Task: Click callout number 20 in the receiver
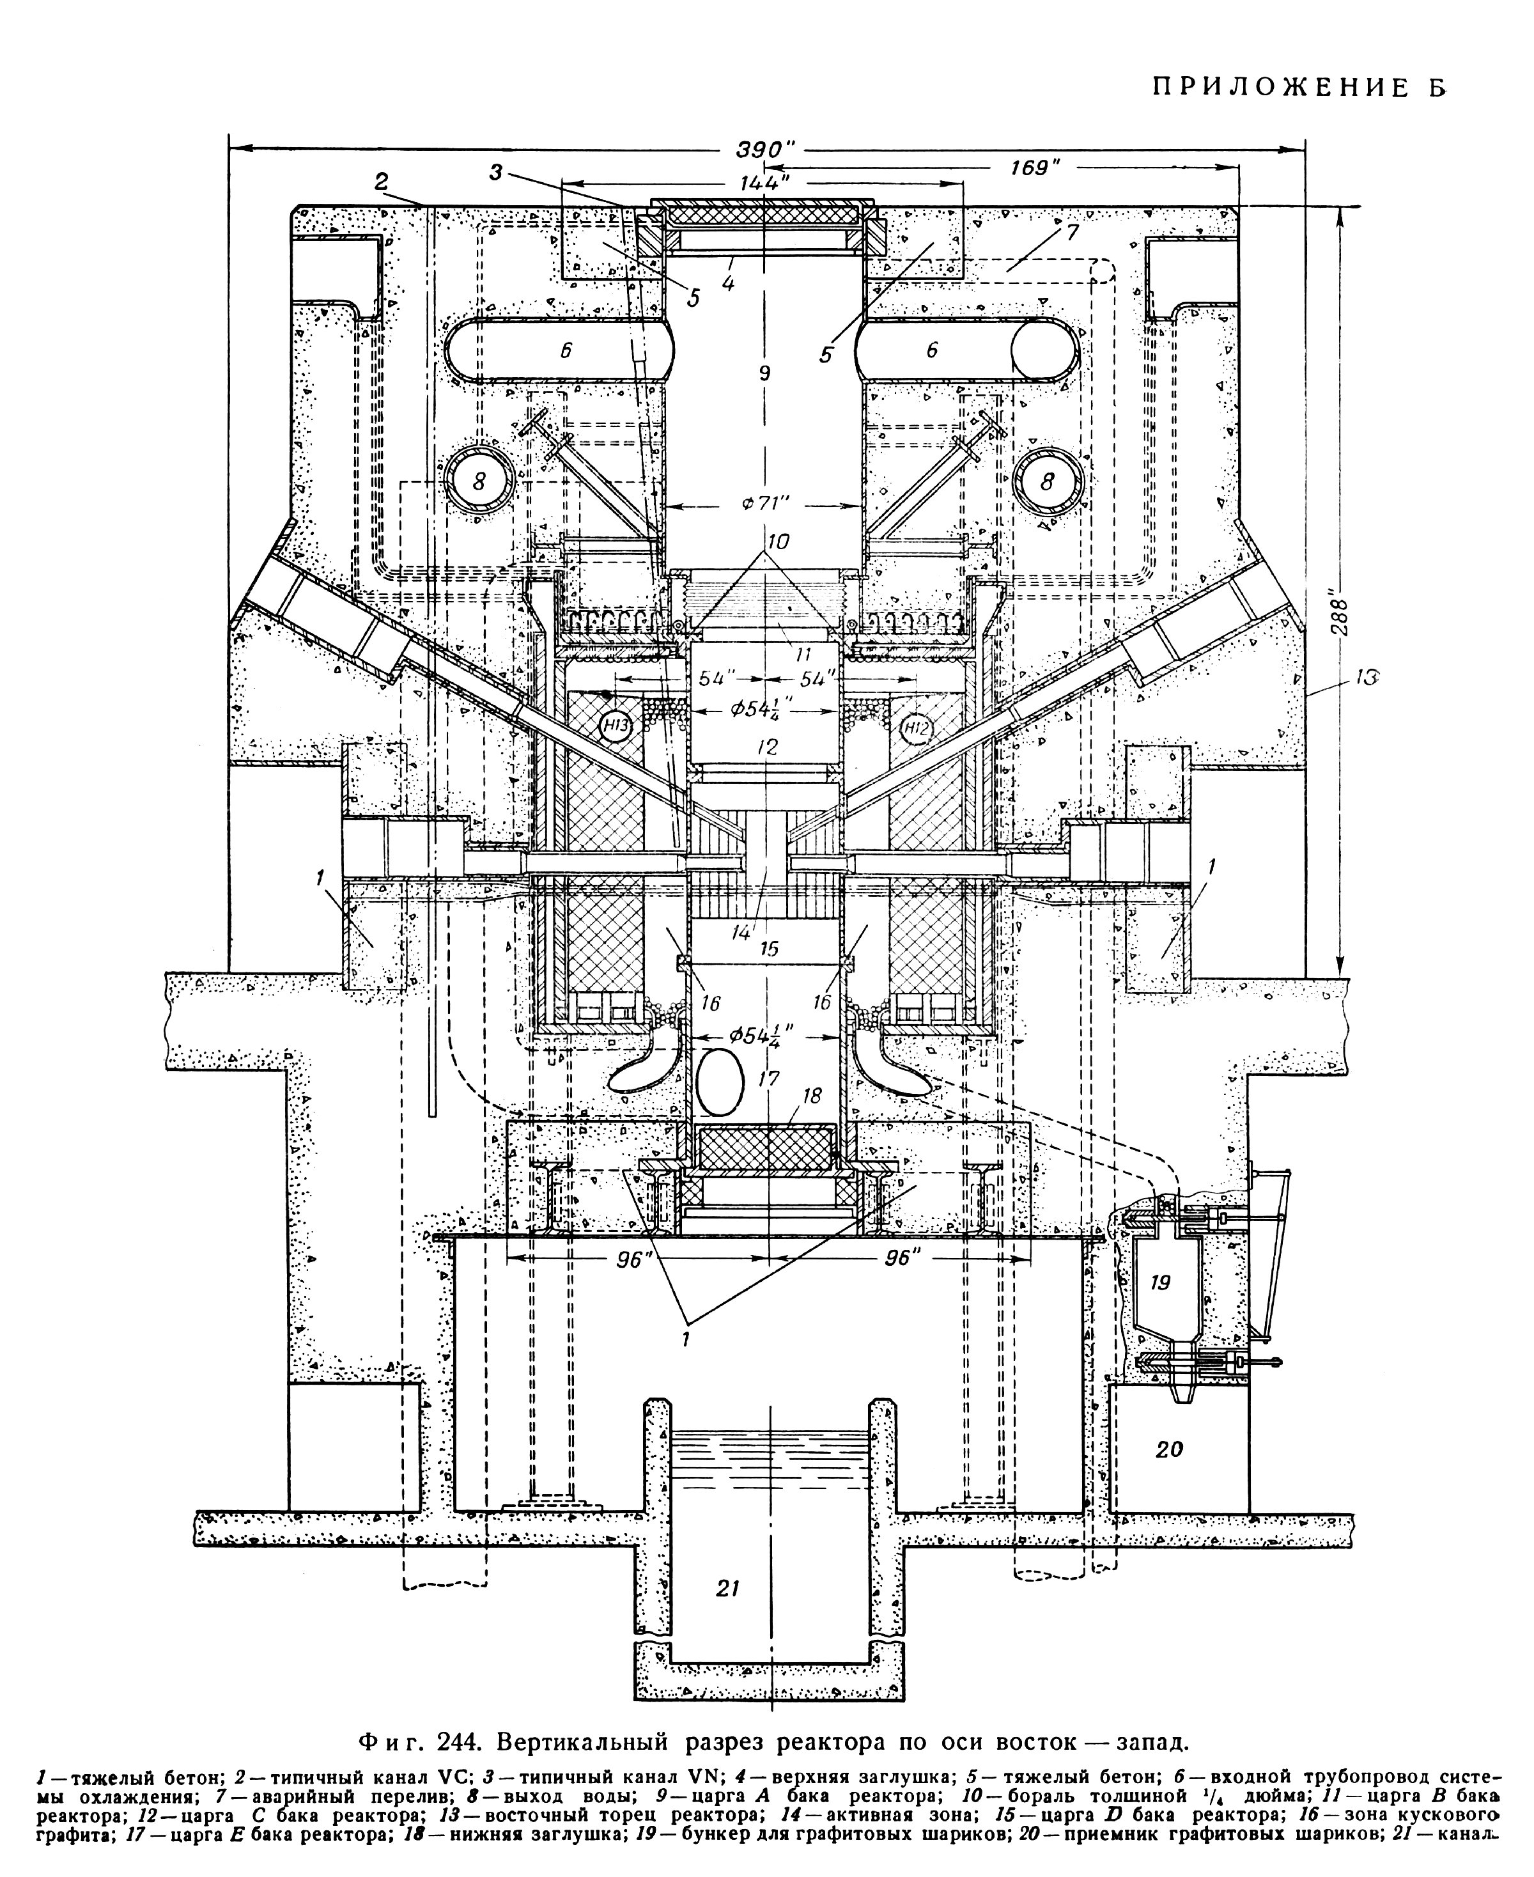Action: pos(1169,1449)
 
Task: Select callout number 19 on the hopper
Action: pos(1160,1281)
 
